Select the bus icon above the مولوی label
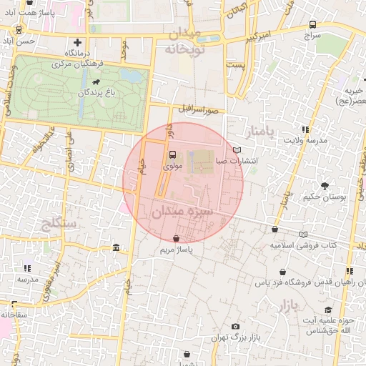(x=172, y=154)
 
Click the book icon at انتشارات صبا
(x=237, y=150)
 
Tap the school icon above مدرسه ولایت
(x=305, y=129)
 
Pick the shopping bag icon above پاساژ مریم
(x=177, y=238)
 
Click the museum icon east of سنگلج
(x=116, y=247)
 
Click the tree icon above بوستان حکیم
(x=325, y=185)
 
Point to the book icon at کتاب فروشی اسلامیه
(x=304, y=234)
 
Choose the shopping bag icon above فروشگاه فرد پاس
(x=284, y=272)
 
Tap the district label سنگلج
(x=60, y=224)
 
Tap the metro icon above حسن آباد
(x=18, y=30)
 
